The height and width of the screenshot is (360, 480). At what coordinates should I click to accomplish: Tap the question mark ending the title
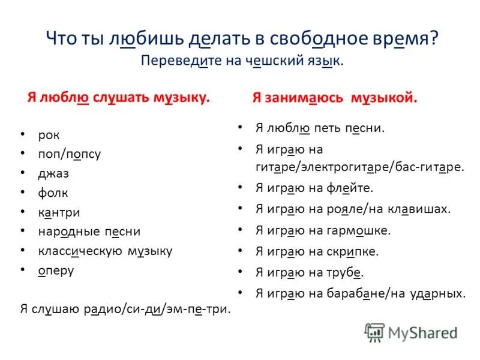click(x=434, y=40)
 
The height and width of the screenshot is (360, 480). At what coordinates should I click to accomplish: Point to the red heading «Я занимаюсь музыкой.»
click(x=334, y=98)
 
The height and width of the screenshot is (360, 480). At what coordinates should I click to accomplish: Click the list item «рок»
click(x=49, y=135)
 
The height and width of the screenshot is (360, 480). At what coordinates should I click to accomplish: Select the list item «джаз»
click(x=53, y=173)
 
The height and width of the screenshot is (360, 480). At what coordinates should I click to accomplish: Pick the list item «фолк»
click(x=53, y=193)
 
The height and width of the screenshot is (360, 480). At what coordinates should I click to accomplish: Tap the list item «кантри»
click(x=59, y=212)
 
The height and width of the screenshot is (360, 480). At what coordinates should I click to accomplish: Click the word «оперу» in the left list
click(x=56, y=271)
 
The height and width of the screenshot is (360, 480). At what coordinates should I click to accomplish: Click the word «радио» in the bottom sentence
click(x=106, y=309)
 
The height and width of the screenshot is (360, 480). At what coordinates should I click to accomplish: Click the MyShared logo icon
click(x=374, y=332)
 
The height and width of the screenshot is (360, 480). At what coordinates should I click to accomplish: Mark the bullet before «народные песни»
click(x=22, y=232)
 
